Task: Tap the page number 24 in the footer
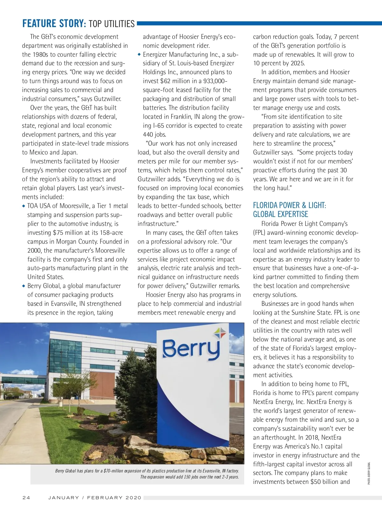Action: (x=26, y=498)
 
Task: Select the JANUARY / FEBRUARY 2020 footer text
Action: (x=95, y=498)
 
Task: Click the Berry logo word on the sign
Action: (x=191, y=349)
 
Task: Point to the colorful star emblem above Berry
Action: (x=220, y=333)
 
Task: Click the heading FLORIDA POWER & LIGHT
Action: (x=289, y=205)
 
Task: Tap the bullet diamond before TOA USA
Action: (x=24, y=206)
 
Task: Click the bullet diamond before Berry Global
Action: (x=24, y=286)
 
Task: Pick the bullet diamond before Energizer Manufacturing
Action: (x=139, y=54)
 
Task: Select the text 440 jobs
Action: (x=154, y=134)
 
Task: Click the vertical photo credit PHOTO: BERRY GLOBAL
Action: (x=369, y=473)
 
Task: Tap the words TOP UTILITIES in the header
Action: (x=112, y=24)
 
